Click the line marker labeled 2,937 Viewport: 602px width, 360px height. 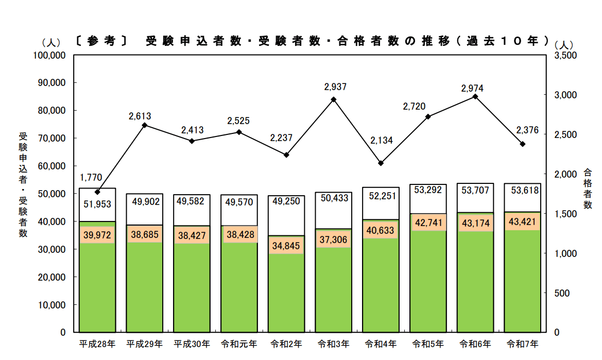click(x=334, y=99)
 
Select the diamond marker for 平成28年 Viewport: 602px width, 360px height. click(x=97, y=192)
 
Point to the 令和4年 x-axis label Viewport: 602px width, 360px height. click(x=381, y=344)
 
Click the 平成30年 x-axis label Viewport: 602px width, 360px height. click(x=192, y=344)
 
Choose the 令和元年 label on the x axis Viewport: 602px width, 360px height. click(x=239, y=344)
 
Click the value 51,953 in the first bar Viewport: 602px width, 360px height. click(x=97, y=204)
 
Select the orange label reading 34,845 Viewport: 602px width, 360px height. click(x=286, y=245)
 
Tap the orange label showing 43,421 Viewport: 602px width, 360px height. click(x=523, y=221)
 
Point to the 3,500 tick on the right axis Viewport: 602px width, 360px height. click(x=564, y=55)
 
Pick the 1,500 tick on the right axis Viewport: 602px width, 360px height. click(x=564, y=214)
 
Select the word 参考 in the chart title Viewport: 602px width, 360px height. click(x=101, y=41)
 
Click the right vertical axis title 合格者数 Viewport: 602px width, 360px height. click(x=587, y=189)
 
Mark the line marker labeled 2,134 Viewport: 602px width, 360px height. click(x=381, y=163)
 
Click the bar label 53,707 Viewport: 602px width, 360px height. click(x=475, y=191)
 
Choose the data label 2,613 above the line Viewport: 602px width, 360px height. click(x=140, y=116)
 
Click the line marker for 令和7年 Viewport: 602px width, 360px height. click(x=523, y=144)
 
